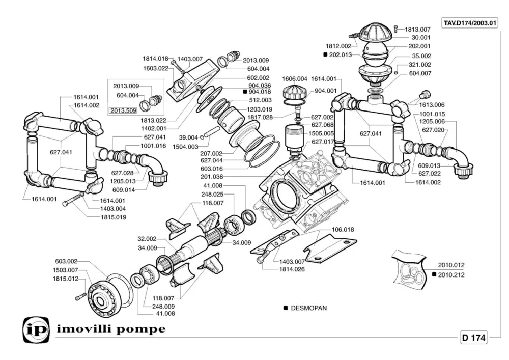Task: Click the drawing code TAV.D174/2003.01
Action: [x=469, y=23]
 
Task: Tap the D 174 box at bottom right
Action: [x=474, y=338]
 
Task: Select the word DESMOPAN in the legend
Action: [x=309, y=308]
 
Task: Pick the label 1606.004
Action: [x=295, y=79]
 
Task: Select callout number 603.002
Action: [x=66, y=261]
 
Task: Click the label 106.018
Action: [x=343, y=230]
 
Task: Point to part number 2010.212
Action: [x=451, y=275]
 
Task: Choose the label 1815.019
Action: [x=114, y=217]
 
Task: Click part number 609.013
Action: [x=429, y=165]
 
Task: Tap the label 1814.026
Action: [x=292, y=269]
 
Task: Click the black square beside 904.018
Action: [x=245, y=92]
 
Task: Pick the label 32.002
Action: [x=147, y=238]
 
